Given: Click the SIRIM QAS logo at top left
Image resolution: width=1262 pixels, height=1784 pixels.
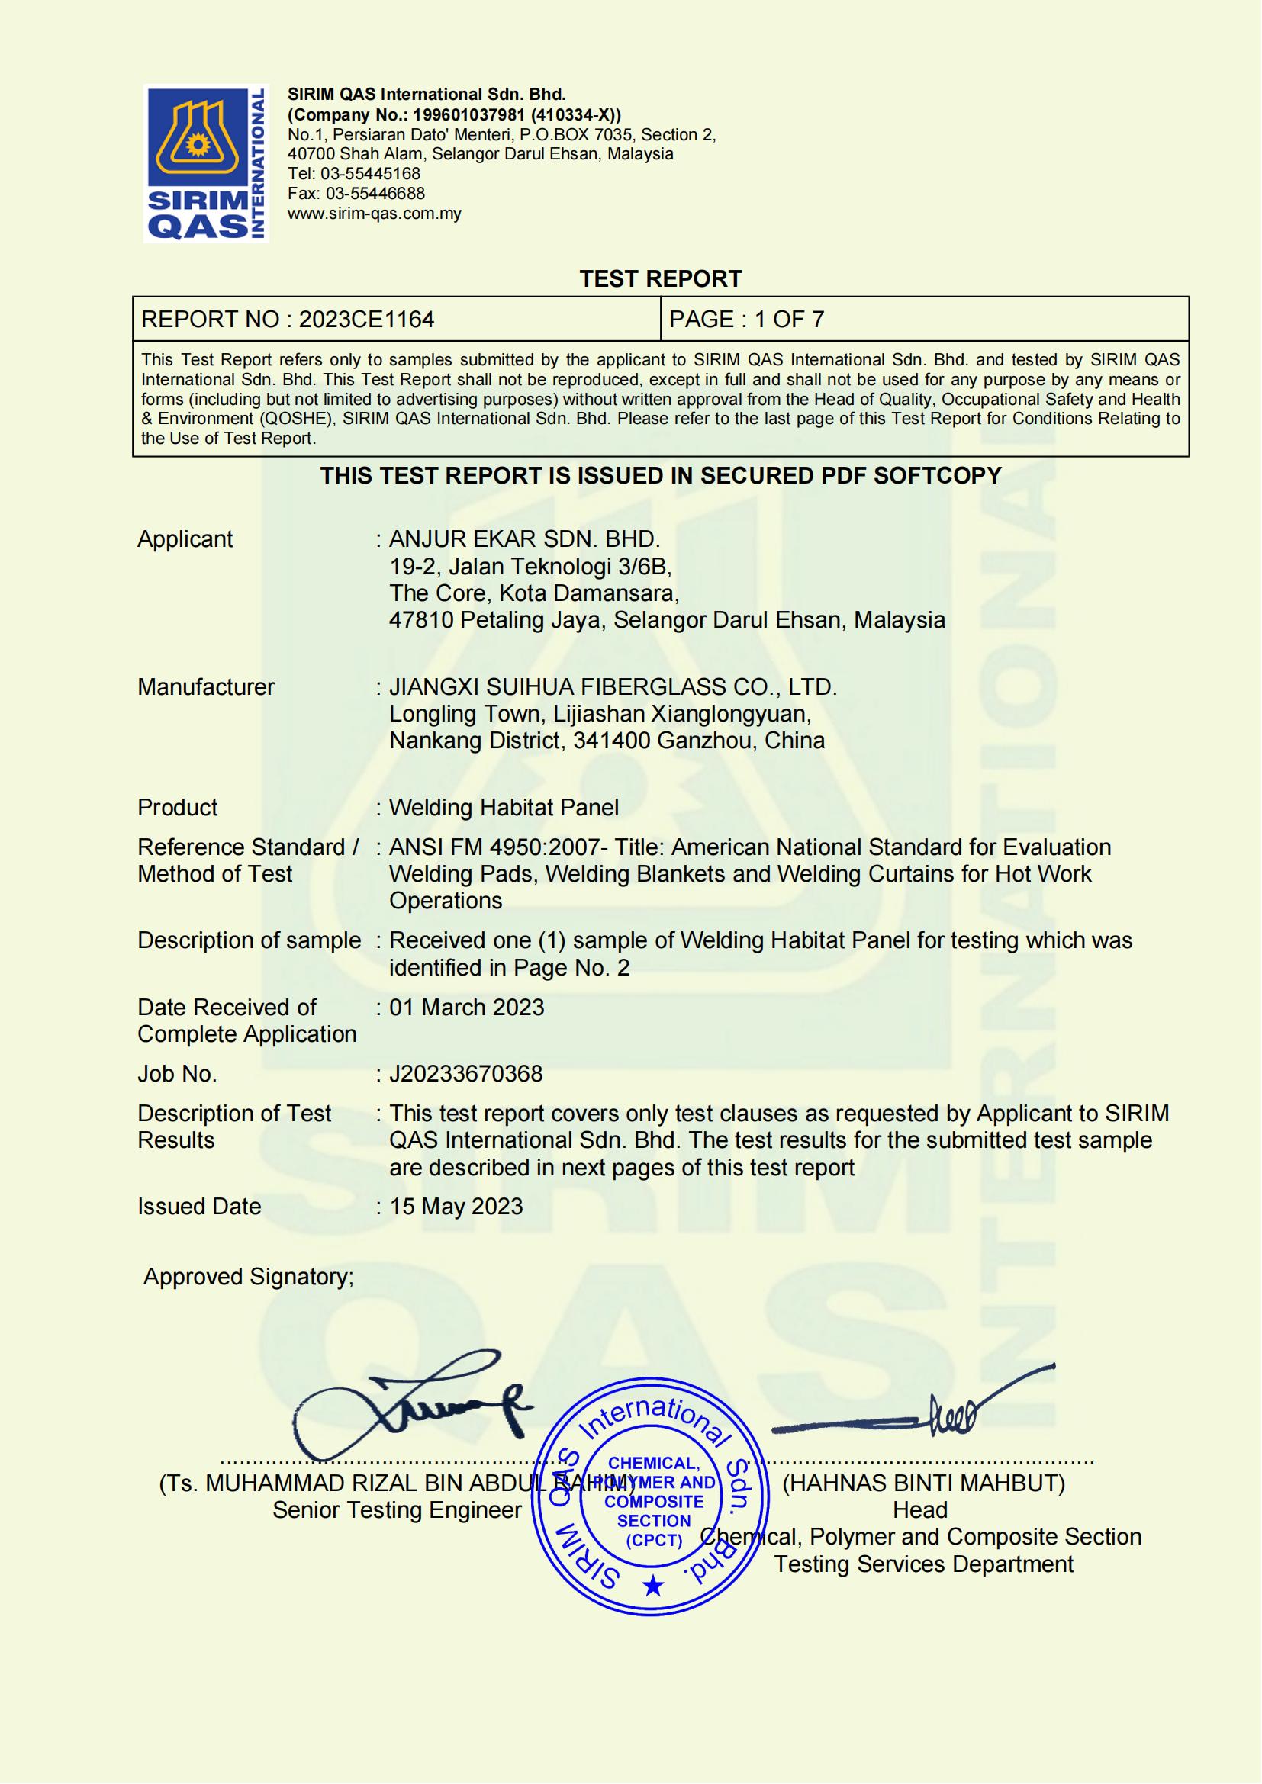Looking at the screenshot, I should pos(206,163).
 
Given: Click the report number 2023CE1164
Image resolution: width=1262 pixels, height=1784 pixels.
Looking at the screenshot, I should pos(366,320).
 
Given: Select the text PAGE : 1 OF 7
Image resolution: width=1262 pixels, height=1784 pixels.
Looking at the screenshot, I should pos(746,320).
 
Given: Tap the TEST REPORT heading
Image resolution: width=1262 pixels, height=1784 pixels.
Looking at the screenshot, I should pos(661,279).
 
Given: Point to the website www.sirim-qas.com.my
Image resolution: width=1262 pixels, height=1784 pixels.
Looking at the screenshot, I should pos(375,214).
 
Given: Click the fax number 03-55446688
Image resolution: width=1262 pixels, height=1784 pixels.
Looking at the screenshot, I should pos(375,194).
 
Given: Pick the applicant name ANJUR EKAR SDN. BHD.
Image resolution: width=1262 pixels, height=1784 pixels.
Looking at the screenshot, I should pos(524,539).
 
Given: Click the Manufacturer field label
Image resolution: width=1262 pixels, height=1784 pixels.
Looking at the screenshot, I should pos(206,687).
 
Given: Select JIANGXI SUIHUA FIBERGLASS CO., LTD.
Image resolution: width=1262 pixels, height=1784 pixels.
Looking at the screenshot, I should pos(613,687).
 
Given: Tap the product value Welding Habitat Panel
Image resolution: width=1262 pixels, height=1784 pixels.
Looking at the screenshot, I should pos(504,807).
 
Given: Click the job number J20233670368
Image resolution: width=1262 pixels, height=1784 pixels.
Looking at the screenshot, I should pos(465,1074).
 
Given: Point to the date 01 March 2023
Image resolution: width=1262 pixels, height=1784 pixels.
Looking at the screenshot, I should pos(466,1007).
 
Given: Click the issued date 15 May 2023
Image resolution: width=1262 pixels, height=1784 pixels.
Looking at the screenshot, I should pos(456,1206).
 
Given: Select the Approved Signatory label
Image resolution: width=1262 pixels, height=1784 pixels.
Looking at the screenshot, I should pos(249,1277).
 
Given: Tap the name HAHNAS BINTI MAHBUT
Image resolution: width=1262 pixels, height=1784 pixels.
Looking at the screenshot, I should pos(923,1483).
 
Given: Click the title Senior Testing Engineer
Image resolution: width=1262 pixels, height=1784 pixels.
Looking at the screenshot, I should pos(397,1509).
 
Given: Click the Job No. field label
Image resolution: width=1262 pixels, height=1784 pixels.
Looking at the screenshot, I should pos(177,1074).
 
